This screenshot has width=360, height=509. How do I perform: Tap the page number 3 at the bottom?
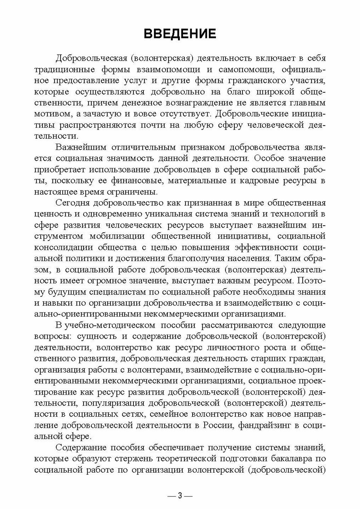click(x=180, y=496)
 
